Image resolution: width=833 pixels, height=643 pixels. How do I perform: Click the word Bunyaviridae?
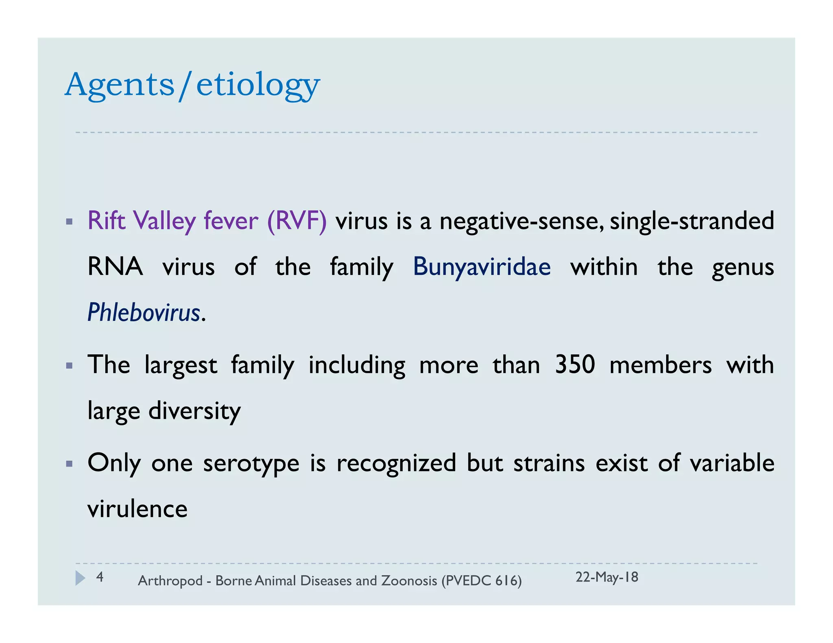click(x=482, y=267)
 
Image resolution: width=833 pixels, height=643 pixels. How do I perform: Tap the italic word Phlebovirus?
click(x=144, y=313)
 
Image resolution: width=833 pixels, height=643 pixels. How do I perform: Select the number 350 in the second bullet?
click(x=575, y=365)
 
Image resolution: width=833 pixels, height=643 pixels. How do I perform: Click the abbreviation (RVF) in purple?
click(x=297, y=221)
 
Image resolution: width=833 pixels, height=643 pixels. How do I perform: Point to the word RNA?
click(x=115, y=267)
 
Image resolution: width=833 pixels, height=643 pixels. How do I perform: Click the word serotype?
click(x=251, y=463)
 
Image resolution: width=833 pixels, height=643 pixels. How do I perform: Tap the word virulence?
click(x=137, y=509)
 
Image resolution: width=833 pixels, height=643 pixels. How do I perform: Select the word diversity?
click(x=194, y=411)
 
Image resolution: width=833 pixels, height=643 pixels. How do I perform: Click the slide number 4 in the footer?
click(x=100, y=577)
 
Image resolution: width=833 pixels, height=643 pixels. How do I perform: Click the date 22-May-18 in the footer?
click(x=606, y=577)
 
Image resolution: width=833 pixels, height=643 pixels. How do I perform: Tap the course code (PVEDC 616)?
click(x=481, y=580)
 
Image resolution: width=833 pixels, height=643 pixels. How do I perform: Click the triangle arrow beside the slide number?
click(x=81, y=578)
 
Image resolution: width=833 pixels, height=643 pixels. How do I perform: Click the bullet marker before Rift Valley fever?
click(x=69, y=222)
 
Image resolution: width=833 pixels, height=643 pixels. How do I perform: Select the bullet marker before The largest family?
click(x=69, y=366)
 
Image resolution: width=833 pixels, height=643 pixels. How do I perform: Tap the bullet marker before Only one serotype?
click(x=69, y=464)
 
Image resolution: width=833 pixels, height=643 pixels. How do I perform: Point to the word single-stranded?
click(x=691, y=221)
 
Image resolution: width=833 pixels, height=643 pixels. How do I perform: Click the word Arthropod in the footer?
click(x=170, y=581)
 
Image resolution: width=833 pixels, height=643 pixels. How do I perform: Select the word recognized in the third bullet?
click(x=396, y=463)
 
